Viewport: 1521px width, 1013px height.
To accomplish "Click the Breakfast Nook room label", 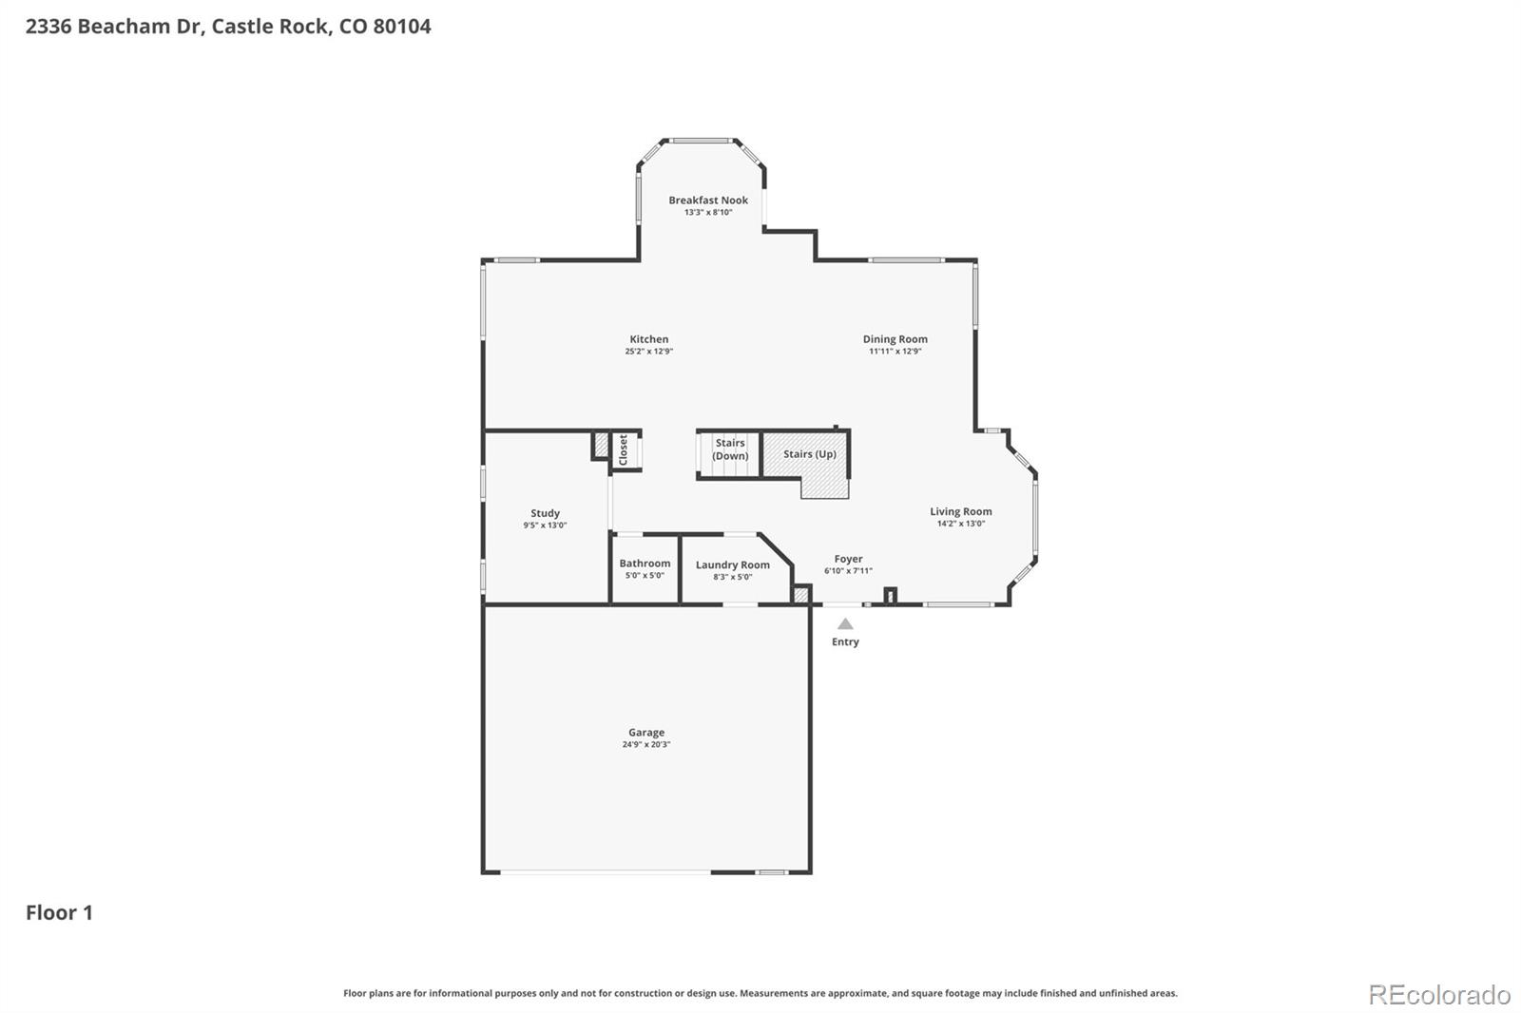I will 708,201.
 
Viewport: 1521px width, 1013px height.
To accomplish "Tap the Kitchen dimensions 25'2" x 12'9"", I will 649,352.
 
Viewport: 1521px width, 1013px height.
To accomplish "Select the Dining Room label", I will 895,339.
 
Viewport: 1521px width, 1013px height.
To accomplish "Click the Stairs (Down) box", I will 730,450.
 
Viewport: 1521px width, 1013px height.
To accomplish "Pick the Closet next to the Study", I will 624,449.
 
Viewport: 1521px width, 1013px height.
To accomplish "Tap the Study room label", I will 545,513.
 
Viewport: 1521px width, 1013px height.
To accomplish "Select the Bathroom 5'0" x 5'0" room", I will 645,569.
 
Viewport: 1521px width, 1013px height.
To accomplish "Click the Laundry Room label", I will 732,565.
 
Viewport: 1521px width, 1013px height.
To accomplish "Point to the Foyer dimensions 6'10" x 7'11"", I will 848,571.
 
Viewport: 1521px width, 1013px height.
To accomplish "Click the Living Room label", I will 960,512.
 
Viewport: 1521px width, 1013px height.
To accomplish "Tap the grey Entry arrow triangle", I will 845,624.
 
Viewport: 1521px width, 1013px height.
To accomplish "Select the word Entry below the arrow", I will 845,642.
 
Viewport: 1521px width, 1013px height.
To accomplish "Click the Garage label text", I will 646,733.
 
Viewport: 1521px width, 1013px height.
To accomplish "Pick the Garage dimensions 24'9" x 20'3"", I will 646,745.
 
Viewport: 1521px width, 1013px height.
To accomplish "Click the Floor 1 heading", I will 59,912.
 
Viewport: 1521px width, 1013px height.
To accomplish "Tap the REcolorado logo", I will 1438,995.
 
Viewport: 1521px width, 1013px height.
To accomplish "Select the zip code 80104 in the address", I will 401,27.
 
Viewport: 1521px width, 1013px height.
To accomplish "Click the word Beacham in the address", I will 125,27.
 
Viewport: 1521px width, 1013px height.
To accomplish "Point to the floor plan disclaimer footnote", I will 760,993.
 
